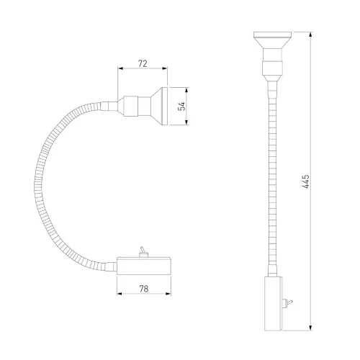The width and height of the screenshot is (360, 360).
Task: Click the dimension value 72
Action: click(143, 63)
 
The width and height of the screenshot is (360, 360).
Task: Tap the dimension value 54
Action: click(183, 106)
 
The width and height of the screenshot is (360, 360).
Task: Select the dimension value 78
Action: click(144, 289)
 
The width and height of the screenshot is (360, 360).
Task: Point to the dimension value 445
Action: click(305, 181)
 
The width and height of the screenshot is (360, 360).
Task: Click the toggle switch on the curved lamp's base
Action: click(143, 252)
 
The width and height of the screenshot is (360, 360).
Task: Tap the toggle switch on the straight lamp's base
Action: click(287, 303)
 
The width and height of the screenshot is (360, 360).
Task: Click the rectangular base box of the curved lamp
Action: click(144, 266)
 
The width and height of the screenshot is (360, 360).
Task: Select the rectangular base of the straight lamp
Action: click(274, 303)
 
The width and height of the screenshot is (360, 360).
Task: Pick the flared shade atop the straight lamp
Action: click(272, 40)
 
